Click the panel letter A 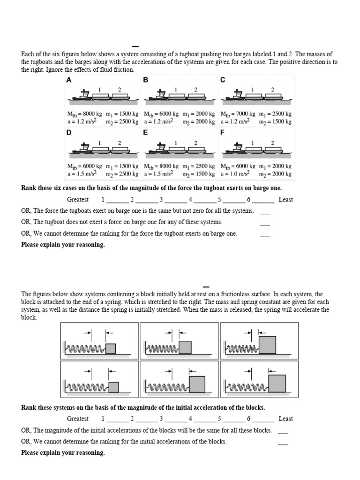click(x=69, y=80)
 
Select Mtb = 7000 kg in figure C click(x=238, y=114)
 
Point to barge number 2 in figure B click(x=195, y=97)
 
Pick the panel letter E click(x=145, y=133)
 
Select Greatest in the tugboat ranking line click(x=78, y=199)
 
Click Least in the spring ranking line click(x=285, y=419)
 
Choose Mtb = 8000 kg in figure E click(x=161, y=166)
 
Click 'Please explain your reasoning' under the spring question click(x=63, y=453)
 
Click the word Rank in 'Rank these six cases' click(x=29, y=187)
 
